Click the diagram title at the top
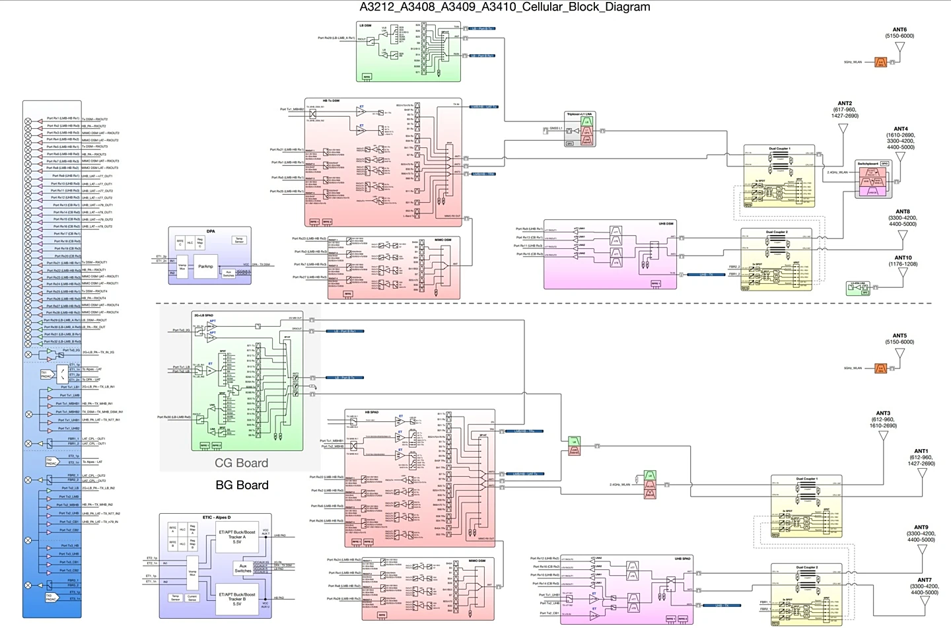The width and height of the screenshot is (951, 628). (505, 7)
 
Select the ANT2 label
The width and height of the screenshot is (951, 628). (845, 104)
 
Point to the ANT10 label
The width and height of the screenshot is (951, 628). (903, 258)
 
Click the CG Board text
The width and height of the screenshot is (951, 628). (242, 463)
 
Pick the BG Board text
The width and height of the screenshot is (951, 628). (242, 485)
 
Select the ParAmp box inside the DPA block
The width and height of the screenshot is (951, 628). (205, 267)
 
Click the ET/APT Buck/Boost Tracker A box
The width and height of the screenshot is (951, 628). (237, 537)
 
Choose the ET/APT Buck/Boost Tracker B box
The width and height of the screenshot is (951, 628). (237, 599)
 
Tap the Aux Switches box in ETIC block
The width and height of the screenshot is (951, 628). (242, 568)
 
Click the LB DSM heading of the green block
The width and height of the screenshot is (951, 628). (365, 26)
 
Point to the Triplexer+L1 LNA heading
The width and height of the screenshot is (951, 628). (579, 114)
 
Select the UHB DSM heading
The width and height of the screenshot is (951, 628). (666, 224)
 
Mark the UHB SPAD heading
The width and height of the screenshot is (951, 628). (682, 559)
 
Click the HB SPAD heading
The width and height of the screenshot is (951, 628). (372, 413)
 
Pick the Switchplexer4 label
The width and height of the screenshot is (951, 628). (868, 164)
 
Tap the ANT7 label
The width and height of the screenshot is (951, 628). (924, 580)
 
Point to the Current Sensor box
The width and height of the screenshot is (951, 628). (192, 598)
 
